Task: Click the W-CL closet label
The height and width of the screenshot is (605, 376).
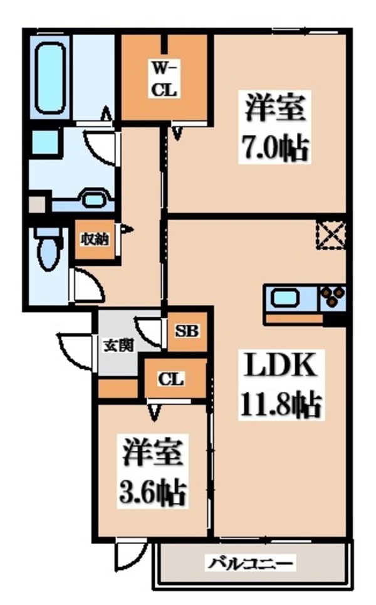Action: [165, 80]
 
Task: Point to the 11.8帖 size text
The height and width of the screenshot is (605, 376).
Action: [280, 405]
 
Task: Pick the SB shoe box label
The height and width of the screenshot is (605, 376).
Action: [187, 331]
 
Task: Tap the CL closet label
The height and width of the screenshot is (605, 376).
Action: [171, 379]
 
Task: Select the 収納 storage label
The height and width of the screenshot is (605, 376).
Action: [95, 239]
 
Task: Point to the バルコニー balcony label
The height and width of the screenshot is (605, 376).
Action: [251, 564]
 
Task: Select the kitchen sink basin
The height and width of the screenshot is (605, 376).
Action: [285, 298]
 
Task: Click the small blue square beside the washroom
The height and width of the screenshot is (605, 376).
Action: [44, 142]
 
